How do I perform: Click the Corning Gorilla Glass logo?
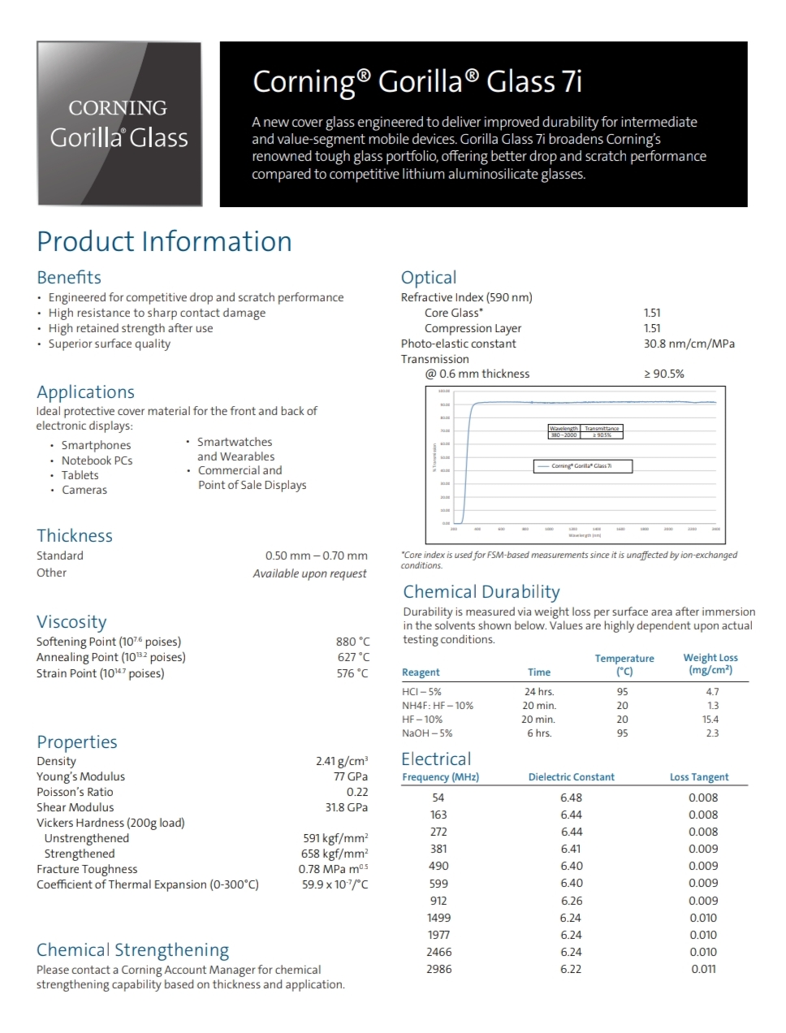pyautogui.click(x=119, y=124)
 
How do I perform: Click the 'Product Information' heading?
pyautogui.click(x=164, y=241)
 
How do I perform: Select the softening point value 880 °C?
pyautogui.click(x=352, y=642)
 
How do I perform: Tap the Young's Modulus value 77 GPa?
pyautogui.click(x=351, y=776)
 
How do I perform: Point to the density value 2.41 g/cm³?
pyautogui.click(x=341, y=761)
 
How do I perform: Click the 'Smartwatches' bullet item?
pyautogui.click(x=235, y=442)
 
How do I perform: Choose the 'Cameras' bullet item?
pyautogui.click(x=84, y=490)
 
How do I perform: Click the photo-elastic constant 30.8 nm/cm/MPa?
pyautogui.click(x=689, y=344)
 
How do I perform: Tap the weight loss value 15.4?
pyautogui.click(x=710, y=720)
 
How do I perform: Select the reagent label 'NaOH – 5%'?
pyautogui.click(x=427, y=733)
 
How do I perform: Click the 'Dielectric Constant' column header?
pyautogui.click(x=571, y=777)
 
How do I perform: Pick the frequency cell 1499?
pyautogui.click(x=438, y=918)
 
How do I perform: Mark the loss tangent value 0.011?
pyautogui.click(x=703, y=969)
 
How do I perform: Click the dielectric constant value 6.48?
pyautogui.click(x=571, y=797)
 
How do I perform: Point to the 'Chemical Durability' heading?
pyautogui.click(x=482, y=592)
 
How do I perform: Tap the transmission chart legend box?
pyautogui.click(x=582, y=466)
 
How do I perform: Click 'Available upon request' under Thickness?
pyautogui.click(x=309, y=573)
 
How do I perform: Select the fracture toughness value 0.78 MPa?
pyautogui.click(x=333, y=869)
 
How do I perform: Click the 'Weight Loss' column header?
pyautogui.click(x=710, y=663)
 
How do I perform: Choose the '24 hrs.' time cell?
pyautogui.click(x=539, y=692)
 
